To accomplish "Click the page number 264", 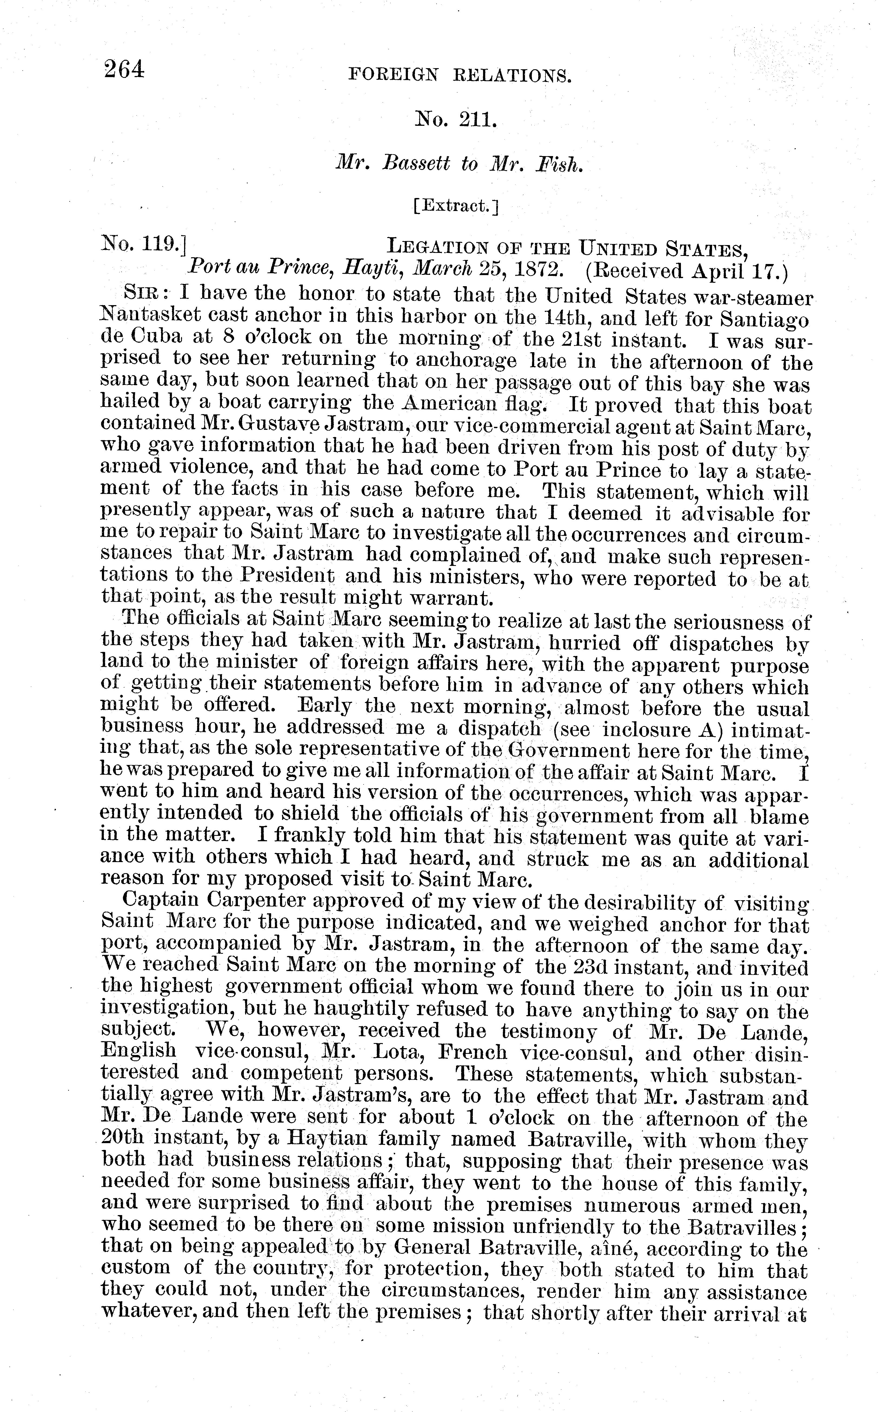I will pos(124,70).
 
